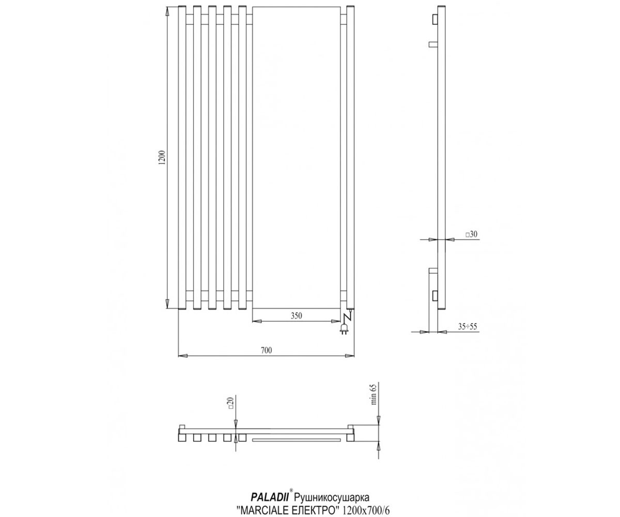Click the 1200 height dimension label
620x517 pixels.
(162, 158)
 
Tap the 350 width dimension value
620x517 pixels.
(296, 315)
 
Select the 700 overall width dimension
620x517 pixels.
(267, 351)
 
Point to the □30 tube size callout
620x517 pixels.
(471, 234)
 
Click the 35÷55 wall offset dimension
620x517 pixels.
(468, 327)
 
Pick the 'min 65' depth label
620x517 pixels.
(373, 394)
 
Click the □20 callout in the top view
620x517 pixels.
(231, 403)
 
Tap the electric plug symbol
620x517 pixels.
(344, 329)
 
